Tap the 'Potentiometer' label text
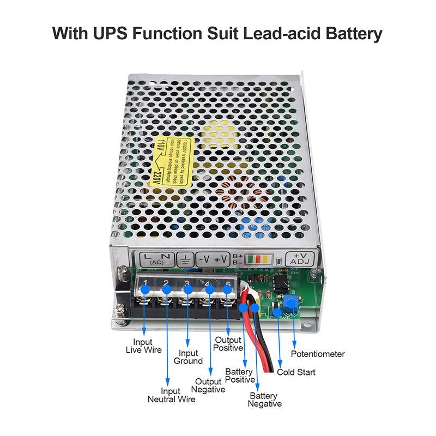point(318,354)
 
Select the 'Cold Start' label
point(296,373)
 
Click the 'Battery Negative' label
point(265,399)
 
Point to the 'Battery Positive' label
point(240,376)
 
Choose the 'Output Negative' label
point(208,385)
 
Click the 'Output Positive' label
point(228,344)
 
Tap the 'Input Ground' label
point(189,357)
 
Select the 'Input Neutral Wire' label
point(171,395)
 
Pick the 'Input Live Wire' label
point(144,346)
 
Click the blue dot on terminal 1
point(144,289)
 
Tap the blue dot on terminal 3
point(187,289)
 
